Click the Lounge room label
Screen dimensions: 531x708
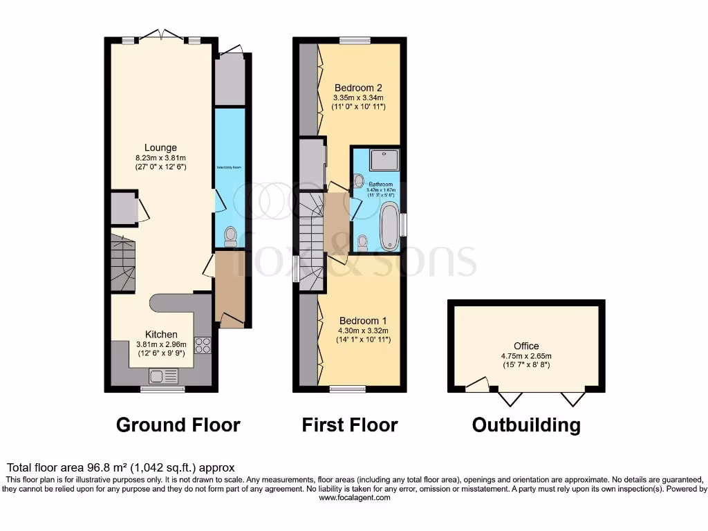[160, 147]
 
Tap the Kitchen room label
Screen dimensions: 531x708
[160, 334]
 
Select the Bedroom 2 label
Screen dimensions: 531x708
[358, 88]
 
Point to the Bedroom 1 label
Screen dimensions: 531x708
[362, 321]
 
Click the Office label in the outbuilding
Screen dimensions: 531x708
[526, 346]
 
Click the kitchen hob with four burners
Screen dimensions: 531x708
[203, 344]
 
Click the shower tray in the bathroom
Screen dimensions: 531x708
[384, 160]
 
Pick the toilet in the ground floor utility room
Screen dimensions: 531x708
[230, 237]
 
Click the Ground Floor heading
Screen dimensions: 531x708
[178, 425]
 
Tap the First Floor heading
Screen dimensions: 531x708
[350, 425]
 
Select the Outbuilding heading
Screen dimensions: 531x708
[526, 425]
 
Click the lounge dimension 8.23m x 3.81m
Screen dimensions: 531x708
[160, 158]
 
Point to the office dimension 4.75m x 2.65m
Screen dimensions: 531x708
[526, 356]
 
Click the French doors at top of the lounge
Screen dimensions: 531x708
[160, 37]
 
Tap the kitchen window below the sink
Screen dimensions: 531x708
[162, 390]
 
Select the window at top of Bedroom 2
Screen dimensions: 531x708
[354, 40]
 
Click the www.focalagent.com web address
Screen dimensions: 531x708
[353, 498]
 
